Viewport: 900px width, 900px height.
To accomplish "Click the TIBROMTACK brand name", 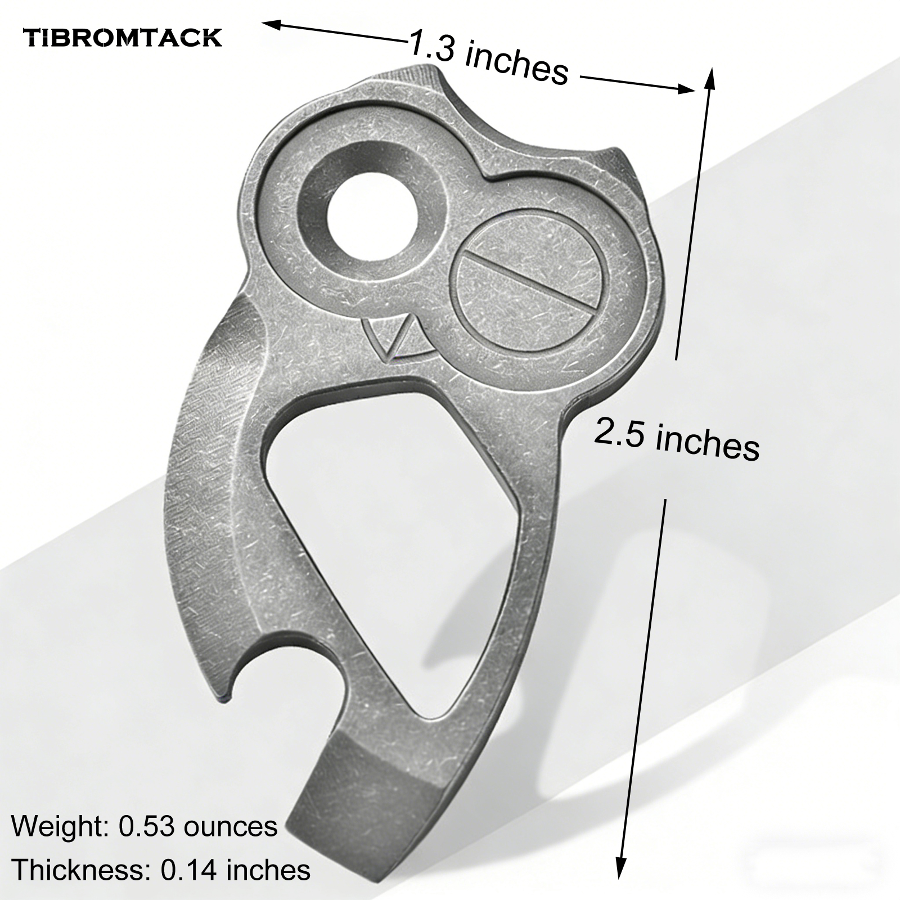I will coord(123,38).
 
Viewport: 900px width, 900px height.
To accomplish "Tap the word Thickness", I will coord(79,870).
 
